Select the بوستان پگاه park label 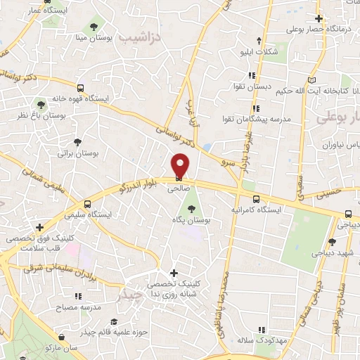[189, 220]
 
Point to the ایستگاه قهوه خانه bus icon [82, 89]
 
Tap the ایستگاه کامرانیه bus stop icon [256, 199]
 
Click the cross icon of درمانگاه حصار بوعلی [319, 19]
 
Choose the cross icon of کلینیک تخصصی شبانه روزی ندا [174, 273]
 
